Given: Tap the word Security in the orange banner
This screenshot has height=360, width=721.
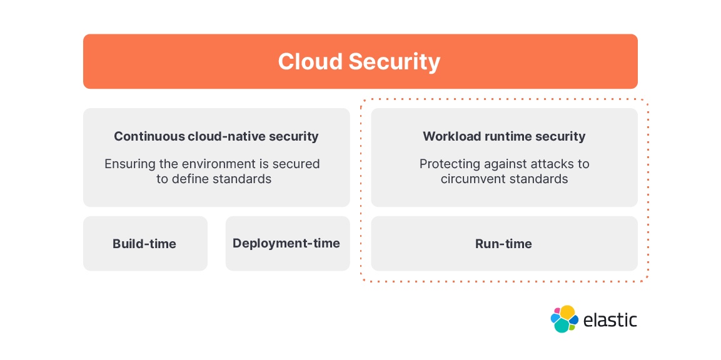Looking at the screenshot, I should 394,62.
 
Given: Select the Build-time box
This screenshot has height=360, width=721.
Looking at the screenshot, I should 144,244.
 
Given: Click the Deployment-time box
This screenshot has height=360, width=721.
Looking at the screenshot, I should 286,243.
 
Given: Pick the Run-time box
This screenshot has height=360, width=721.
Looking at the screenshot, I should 503,244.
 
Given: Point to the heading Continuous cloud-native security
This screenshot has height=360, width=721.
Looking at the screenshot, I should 216,136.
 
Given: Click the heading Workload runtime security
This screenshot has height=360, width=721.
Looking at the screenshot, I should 504,136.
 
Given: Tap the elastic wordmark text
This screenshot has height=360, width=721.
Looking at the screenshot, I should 610,320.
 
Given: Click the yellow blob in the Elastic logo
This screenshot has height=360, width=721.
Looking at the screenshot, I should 567,312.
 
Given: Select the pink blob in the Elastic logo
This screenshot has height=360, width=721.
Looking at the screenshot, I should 557,311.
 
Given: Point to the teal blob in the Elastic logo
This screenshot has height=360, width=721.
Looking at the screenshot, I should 562,326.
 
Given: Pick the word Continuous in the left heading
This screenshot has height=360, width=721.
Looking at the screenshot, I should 149,136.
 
